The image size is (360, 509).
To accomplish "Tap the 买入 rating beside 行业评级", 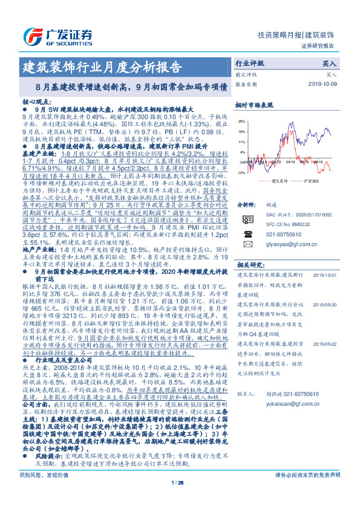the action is pyautogui.click(x=330, y=63).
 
